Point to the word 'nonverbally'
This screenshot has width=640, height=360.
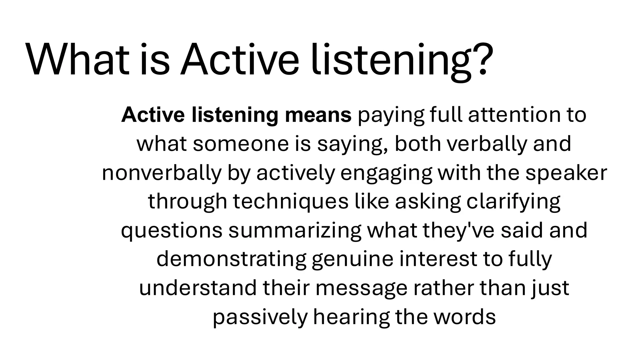[x=161, y=173]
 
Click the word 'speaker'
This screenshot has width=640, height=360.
[x=566, y=173]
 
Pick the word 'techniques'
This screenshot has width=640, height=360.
[x=290, y=202]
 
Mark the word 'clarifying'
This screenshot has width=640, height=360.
[x=513, y=202]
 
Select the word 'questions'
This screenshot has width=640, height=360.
[x=172, y=231]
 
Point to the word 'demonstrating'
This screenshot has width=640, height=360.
[x=231, y=259]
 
